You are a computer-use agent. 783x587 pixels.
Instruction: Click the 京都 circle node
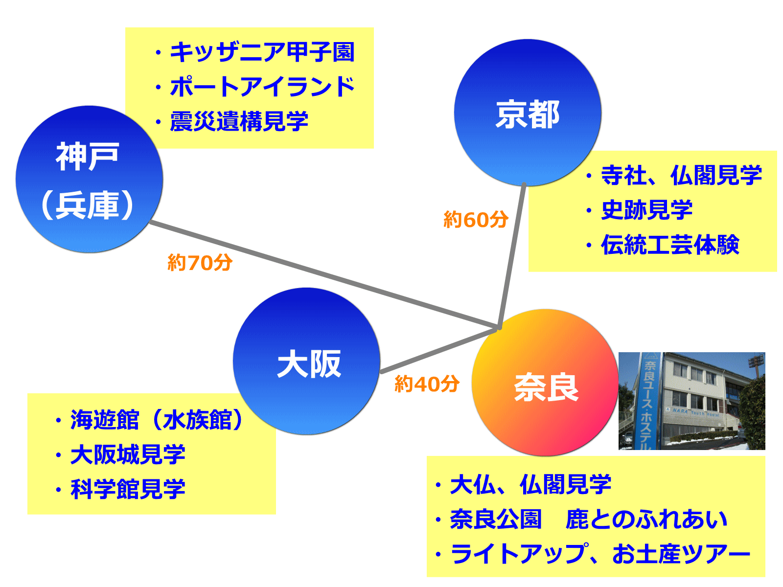527,113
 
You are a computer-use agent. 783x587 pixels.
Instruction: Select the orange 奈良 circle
545,382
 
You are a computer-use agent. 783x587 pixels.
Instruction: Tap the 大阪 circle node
306,361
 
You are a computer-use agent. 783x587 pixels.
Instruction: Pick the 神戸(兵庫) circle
89,179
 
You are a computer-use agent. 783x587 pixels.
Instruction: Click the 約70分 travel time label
200,262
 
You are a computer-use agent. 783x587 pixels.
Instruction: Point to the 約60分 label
476,219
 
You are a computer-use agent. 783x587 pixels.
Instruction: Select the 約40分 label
427,384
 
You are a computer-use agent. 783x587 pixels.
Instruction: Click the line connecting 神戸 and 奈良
324,274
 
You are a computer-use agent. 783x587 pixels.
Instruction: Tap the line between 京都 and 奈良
511,256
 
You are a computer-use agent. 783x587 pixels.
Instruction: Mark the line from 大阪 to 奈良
439,350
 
